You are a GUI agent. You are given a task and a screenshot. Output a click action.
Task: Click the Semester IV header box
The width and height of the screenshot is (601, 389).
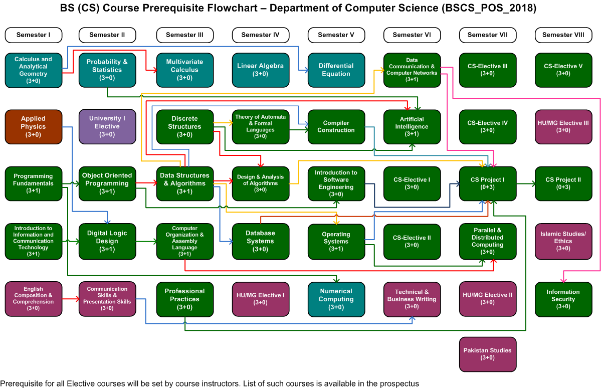click(260, 35)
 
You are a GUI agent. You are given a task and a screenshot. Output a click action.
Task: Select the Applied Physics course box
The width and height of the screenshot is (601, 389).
click(34, 127)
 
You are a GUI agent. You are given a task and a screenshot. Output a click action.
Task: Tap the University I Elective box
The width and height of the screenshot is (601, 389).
click(107, 126)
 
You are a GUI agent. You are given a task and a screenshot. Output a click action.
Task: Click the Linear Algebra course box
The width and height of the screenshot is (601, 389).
click(260, 70)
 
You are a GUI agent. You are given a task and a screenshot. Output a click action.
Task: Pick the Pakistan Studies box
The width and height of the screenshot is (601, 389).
click(488, 354)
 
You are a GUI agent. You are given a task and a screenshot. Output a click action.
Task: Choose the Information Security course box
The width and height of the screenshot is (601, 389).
click(563, 299)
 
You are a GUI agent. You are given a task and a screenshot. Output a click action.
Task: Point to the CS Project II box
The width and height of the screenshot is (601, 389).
click(563, 183)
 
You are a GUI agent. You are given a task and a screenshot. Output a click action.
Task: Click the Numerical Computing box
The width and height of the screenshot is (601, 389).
click(336, 299)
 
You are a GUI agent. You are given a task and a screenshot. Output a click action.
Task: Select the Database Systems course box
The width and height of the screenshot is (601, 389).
click(260, 242)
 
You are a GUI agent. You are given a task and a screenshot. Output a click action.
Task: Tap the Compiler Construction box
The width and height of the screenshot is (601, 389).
click(336, 127)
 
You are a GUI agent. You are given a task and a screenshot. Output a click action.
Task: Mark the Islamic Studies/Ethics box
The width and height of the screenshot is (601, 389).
click(563, 242)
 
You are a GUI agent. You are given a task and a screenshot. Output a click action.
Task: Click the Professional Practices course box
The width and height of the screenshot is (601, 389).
click(185, 299)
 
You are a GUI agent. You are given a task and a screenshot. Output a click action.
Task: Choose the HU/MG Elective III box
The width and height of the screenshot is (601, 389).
click(563, 127)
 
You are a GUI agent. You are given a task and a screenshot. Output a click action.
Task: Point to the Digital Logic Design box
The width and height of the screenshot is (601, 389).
click(107, 242)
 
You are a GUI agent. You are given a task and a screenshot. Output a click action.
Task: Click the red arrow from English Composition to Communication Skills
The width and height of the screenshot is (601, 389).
click(71, 299)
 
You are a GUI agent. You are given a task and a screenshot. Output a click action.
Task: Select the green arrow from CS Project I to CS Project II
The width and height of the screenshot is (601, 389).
click(525, 184)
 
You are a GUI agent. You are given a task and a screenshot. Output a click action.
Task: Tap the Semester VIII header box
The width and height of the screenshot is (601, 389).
click(563, 35)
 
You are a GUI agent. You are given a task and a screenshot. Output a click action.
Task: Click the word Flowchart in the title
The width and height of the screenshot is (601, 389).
click(233, 8)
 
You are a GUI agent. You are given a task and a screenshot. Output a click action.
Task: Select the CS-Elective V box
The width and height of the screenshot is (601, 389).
click(563, 70)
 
